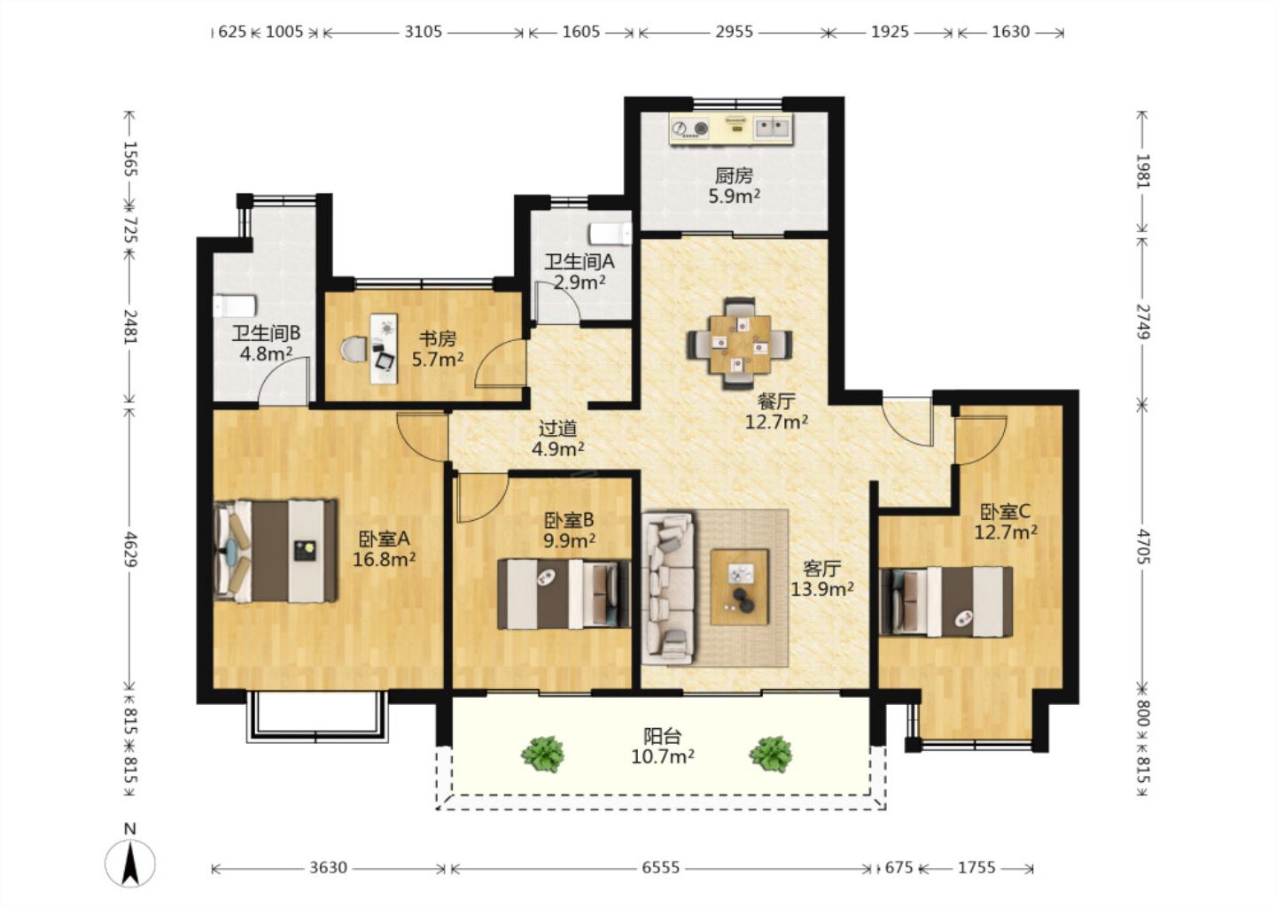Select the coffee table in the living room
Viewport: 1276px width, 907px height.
click(739, 587)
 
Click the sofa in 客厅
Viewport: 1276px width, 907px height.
click(668, 588)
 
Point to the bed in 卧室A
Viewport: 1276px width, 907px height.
click(275, 551)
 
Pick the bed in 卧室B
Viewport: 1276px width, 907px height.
click(564, 594)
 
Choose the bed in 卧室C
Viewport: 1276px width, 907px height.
click(946, 601)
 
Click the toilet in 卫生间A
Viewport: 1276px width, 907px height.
click(611, 234)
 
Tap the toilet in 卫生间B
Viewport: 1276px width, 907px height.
click(235, 306)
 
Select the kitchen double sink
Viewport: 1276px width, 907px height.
click(773, 128)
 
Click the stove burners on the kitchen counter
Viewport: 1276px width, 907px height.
click(689, 129)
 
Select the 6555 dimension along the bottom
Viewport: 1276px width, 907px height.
click(661, 867)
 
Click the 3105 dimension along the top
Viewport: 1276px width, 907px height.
click(424, 31)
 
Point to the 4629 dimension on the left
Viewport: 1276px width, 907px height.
click(130, 549)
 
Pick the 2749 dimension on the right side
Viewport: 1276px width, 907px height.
click(1143, 322)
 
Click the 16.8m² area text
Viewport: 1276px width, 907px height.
click(384, 560)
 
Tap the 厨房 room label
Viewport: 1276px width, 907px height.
click(734, 176)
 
